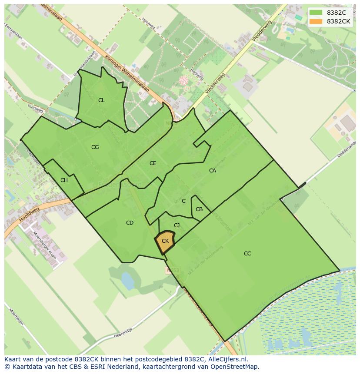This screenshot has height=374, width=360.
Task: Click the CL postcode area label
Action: pyautogui.click(x=101, y=100)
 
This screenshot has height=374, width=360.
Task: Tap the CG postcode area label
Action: pyautogui.click(x=95, y=147)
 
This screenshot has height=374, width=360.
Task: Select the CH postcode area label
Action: pyautogui.click(x=64, y=180)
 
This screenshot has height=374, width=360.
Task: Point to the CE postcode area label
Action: pyautogui.click(x=153, y=163)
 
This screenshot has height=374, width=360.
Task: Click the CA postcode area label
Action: pyautogui.click(x=212, y=171)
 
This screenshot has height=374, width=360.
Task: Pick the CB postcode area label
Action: pyautogui.click(x=199, y=209)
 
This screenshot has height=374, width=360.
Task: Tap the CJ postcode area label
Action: pyautogui.click(x=177, y=225)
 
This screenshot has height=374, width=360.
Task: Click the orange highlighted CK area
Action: pyautogui.click(x=165, y=242)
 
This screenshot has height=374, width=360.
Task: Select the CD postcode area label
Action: pyautogui.click(x=130, y=223)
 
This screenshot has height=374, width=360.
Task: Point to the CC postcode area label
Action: pyautogui.click(x=247, y=254)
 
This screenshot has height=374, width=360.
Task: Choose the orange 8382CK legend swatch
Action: pyautogui.click(x=316, y=21)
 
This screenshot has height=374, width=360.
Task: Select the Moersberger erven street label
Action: pyautogui.click(x=45, y=245)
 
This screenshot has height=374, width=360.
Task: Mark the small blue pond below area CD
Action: pyautogui.click(x=127, y=281)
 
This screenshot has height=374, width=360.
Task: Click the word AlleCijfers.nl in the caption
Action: pyautogui.click(x=226, y=360)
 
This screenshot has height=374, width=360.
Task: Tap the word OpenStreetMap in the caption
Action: pyautogui.click(x=236, y=367)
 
